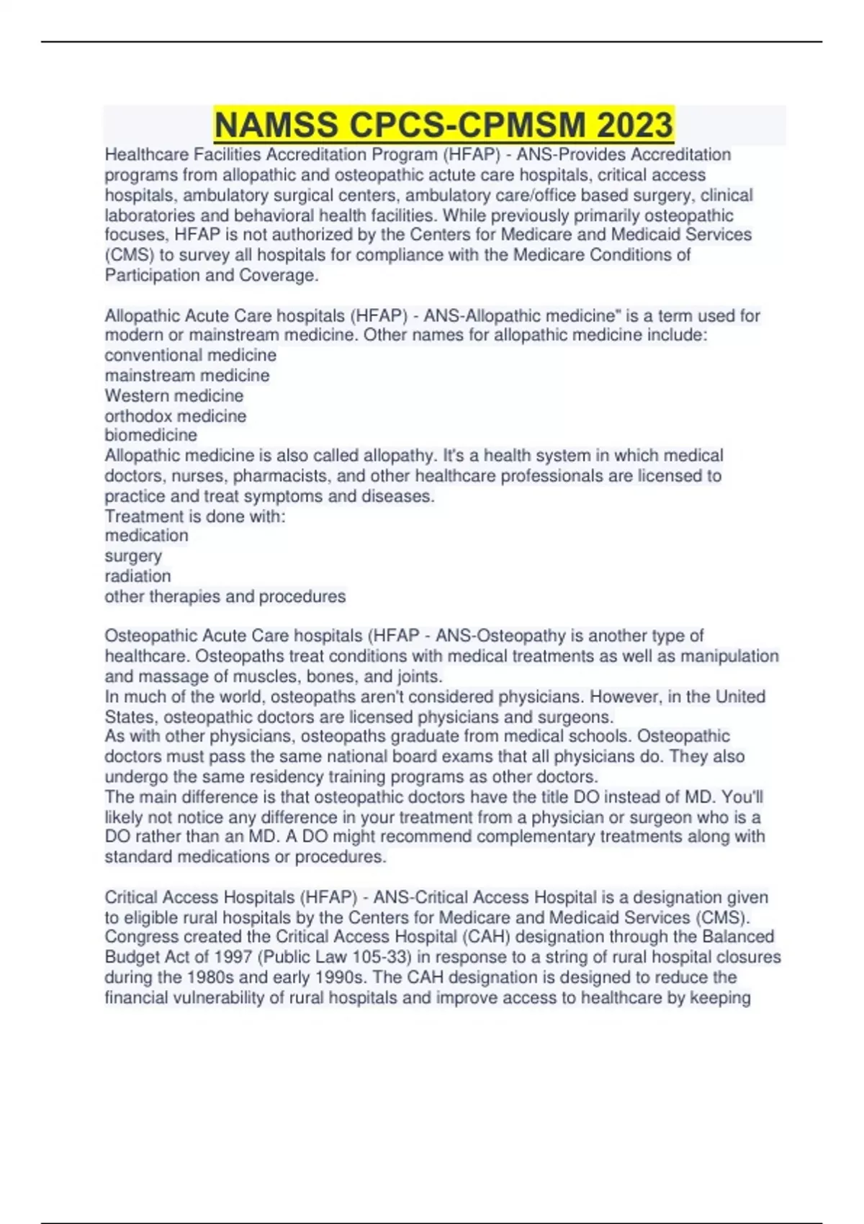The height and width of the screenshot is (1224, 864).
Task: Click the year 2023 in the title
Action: pyautogui.click(x=634, y=125)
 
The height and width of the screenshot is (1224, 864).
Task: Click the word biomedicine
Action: pyautogui.click(x=150, y=436)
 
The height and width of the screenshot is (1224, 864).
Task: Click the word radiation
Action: pyautogui.click(x=138, y=576)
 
